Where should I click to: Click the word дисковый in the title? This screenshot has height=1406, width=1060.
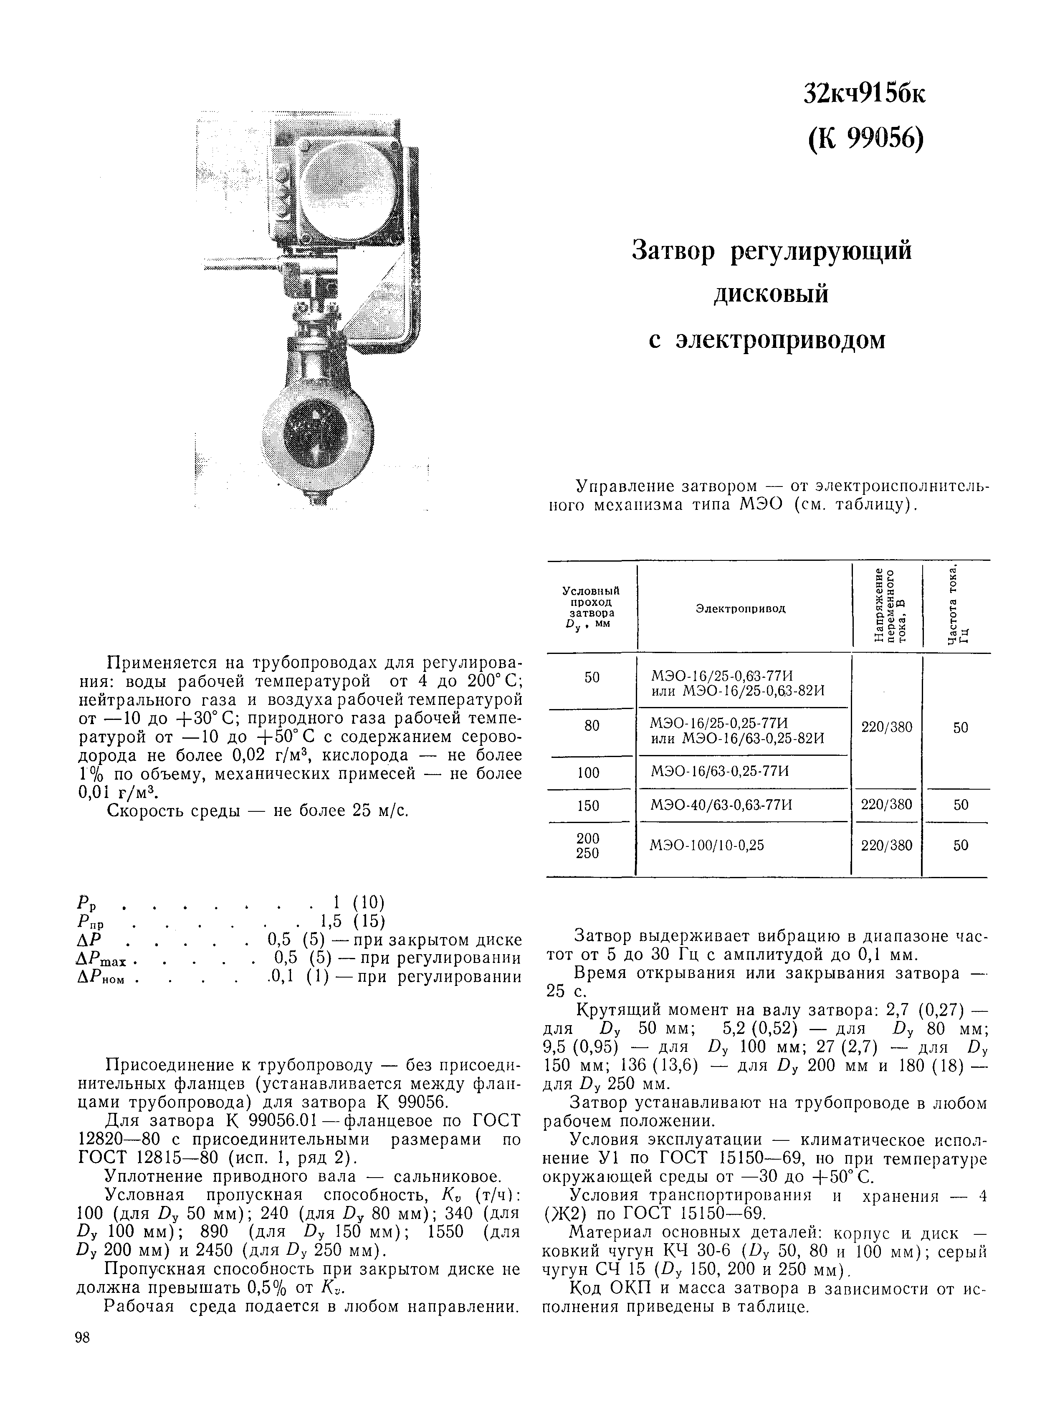(771, 294)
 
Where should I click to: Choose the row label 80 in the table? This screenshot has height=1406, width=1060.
(592, 726)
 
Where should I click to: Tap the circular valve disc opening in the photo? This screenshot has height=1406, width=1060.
(315, 432)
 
